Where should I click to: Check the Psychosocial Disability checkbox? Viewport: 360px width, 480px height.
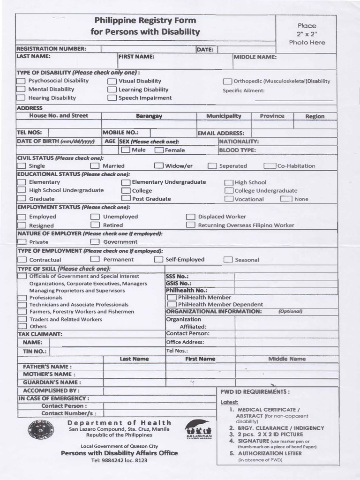[x=21, y=81]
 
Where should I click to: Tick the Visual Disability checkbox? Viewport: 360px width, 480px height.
[x=112, y=82]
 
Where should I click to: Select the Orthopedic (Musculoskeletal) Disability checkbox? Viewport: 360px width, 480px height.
[x=227, y=82]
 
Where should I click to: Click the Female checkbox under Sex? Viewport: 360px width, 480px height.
[x=159, y=150]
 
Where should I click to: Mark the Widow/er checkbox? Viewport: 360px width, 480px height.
[x=158, y=166]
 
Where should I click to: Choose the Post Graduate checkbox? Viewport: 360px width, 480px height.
[x=126, y=199]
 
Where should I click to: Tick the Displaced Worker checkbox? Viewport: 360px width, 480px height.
[x=190, y=217]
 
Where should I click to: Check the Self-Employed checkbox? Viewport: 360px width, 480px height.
[x=158, y=260]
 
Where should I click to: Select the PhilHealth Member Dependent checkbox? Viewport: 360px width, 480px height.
[x=172, y=305]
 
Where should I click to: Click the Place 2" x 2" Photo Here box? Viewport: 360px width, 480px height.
[x=307, y=34]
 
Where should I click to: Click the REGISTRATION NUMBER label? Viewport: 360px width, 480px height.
[x=52, y=49]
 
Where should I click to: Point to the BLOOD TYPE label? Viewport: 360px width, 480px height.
[x=237, y=150]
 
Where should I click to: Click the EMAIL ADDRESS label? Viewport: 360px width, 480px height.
[x=221, y=133]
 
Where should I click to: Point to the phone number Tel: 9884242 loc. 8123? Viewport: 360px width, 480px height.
[x=119, y=460]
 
